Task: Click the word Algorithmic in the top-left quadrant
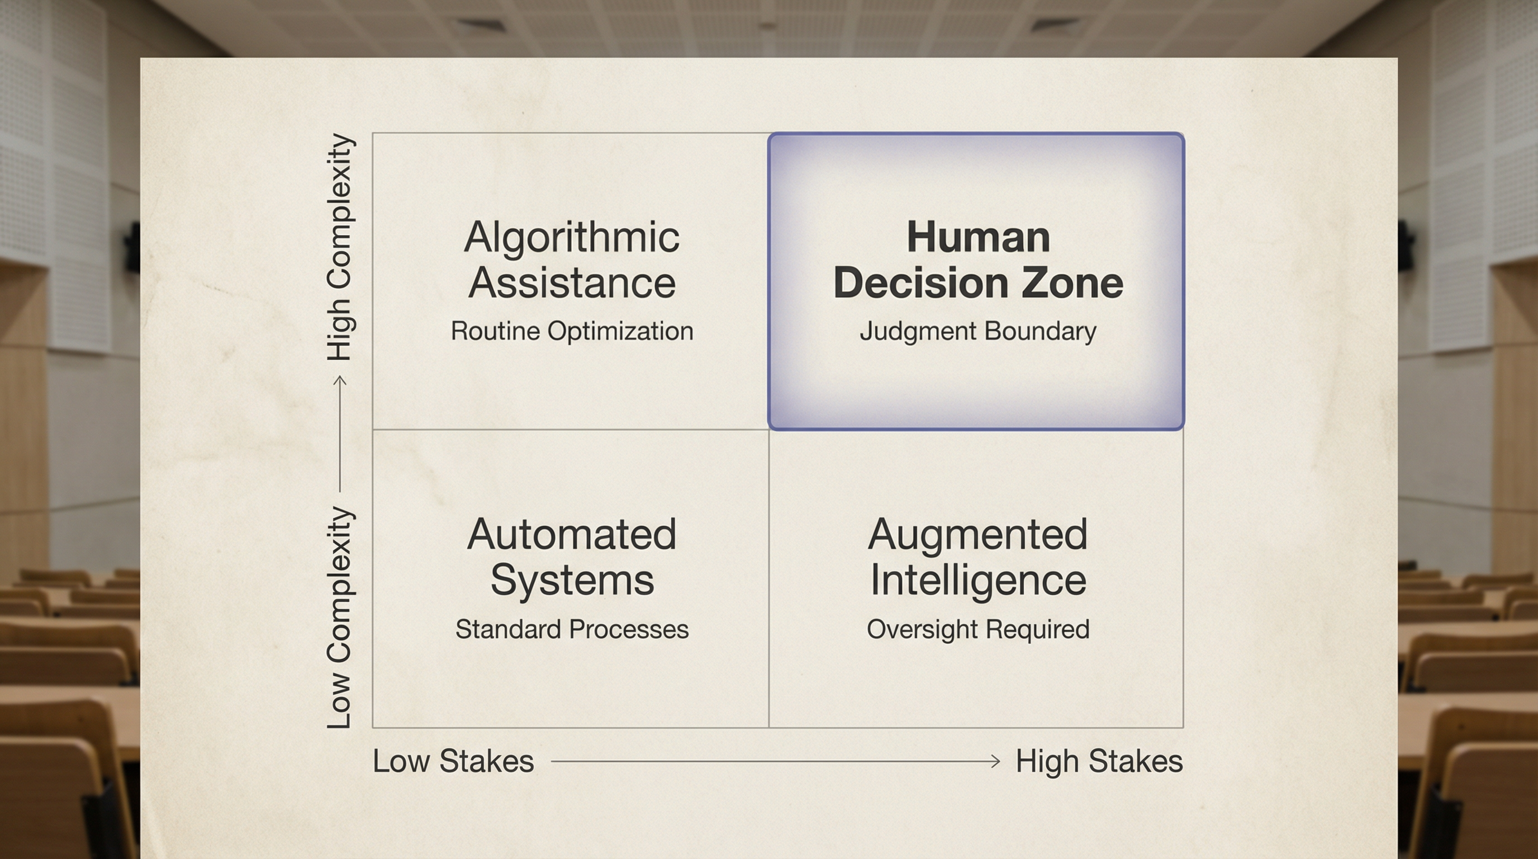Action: (x=571, y=237)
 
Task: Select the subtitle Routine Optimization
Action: (x=571, y=331)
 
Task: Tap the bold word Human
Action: (x=978, y=237)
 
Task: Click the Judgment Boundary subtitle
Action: (x=978, y=331)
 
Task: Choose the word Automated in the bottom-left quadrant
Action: (x=571, y=534)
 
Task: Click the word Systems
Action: (x=572, y=579)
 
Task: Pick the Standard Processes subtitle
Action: (x=571, y=629)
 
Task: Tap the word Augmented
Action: (x=977, y=534)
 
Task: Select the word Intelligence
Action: (x=978, y=579)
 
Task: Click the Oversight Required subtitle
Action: (x=978, y=629)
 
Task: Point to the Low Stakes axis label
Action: (x=453, y=761)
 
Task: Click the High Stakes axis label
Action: (x=1099, y=761)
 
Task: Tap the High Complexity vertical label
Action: (x=340, y=247)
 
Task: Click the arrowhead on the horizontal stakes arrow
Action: (x=995, y=761)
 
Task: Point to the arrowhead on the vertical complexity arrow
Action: (x=340, y=380)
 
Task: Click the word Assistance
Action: (x=571, y=282)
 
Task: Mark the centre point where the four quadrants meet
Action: (x=768, y=429)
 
